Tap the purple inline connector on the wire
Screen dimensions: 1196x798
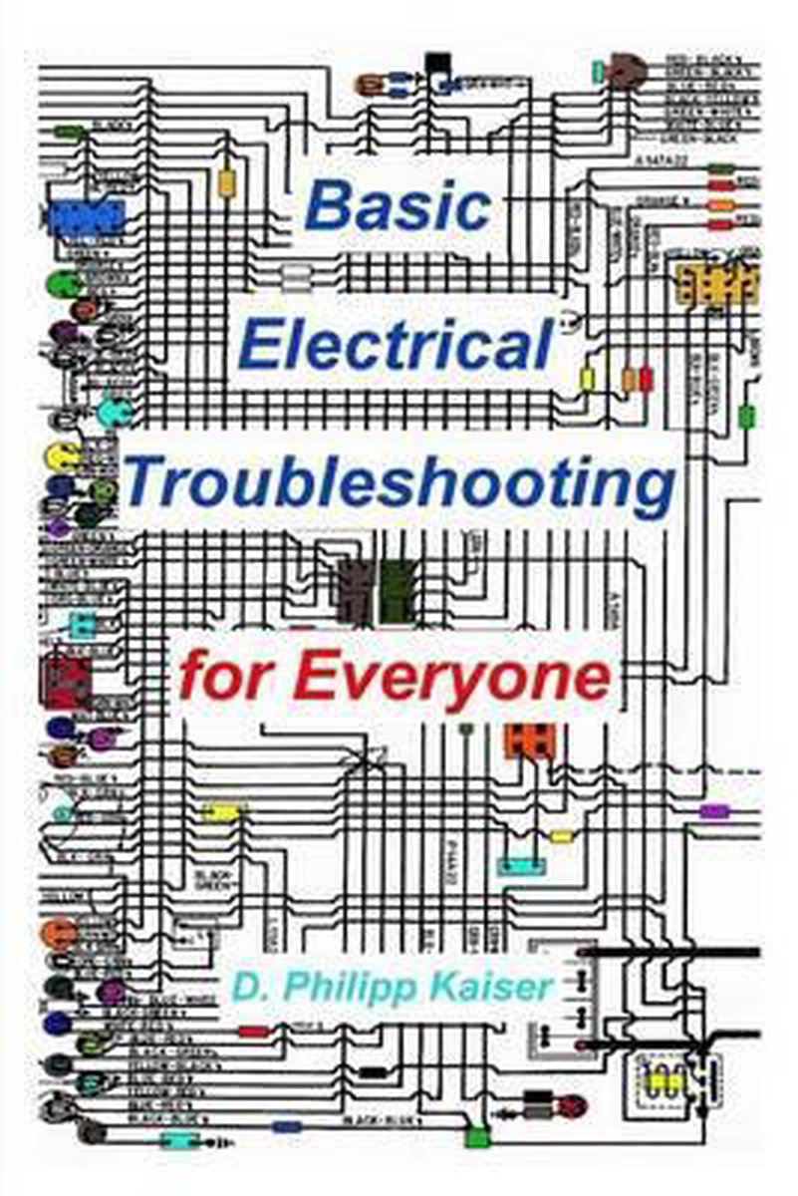[x=714, y=811]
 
